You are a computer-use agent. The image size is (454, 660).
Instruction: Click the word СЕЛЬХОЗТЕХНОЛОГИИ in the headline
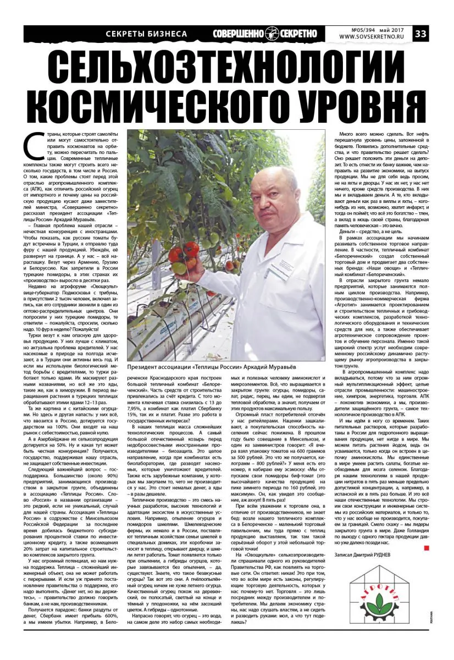coord(227,69)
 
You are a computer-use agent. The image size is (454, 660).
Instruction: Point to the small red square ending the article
coord(424,548)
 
